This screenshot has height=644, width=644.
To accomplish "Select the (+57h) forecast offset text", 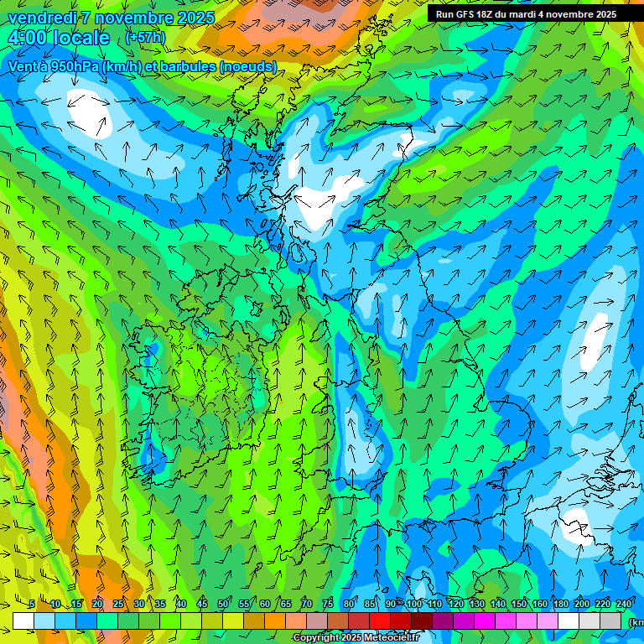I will point(145,38).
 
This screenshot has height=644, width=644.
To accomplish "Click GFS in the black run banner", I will point(469,14).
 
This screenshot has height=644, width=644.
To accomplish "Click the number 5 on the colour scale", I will point(32,604).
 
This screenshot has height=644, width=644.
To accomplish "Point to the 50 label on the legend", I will point(223,604).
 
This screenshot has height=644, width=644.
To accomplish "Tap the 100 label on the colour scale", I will point(414,604).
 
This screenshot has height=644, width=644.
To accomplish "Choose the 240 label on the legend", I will point(624,604).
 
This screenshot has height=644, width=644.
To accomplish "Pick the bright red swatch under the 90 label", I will point(380,621).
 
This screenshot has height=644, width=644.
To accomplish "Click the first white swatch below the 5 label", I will point(23,621).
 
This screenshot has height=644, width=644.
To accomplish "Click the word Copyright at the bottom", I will point(315,638).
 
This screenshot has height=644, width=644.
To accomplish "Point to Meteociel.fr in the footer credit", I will point(392,638).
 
